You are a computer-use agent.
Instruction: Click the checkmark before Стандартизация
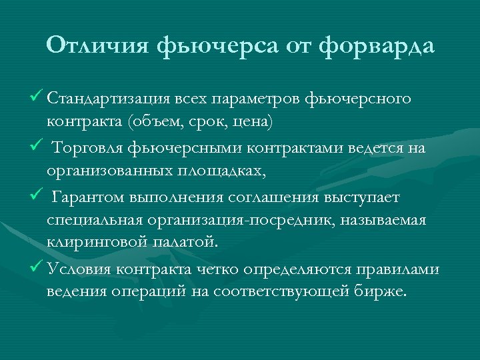point(37,99)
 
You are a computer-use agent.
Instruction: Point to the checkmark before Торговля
point(37,147)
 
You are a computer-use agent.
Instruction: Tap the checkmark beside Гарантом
point(37,197)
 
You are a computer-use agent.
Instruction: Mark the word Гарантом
point(85,197)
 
